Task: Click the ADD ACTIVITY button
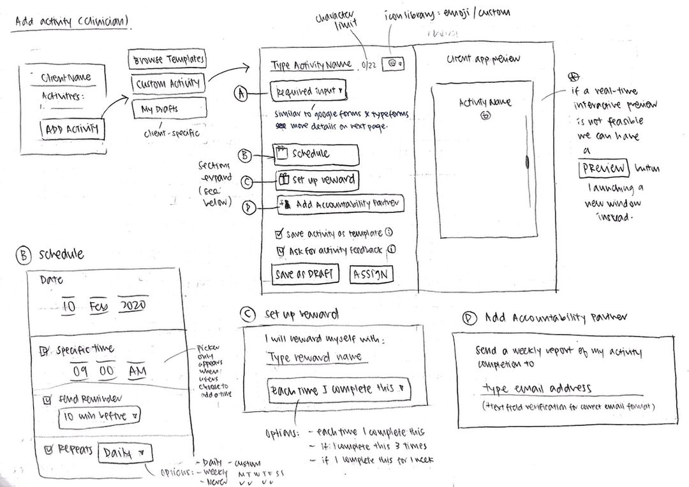[72, 130]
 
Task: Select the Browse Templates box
[168, 59]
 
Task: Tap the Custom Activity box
[168, 84]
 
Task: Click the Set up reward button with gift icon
[316, 180]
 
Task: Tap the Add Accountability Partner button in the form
[341, 205]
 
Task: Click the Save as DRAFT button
[304, 274]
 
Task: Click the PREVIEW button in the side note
[604, 169]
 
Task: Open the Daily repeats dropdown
[126, 453]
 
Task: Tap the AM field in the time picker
[137, 370]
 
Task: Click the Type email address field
[537, 388]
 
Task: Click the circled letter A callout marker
[241, 94]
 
